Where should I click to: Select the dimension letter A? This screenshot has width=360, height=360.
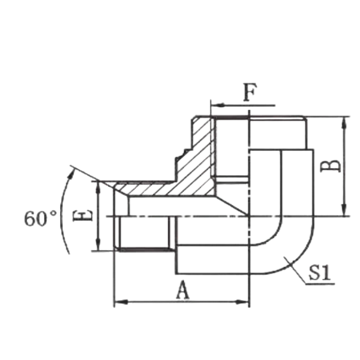183,290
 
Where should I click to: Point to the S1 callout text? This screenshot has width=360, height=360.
320,273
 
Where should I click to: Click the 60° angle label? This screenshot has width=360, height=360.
40,218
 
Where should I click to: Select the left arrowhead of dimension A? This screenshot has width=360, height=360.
121,302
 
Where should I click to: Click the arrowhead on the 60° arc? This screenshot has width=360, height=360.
72,174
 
